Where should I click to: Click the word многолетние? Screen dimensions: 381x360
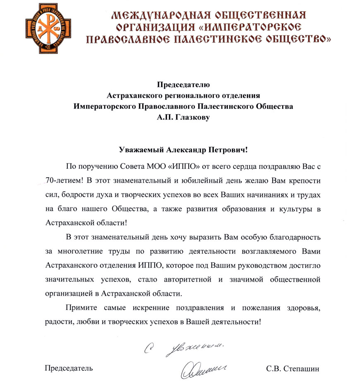click(x=76, y=251)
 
